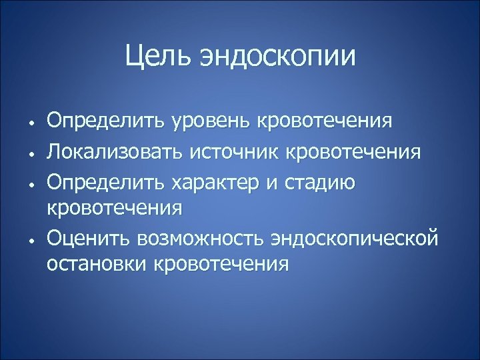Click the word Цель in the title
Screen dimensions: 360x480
click(157, 56)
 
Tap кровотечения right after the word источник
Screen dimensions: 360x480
click(353, 152)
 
